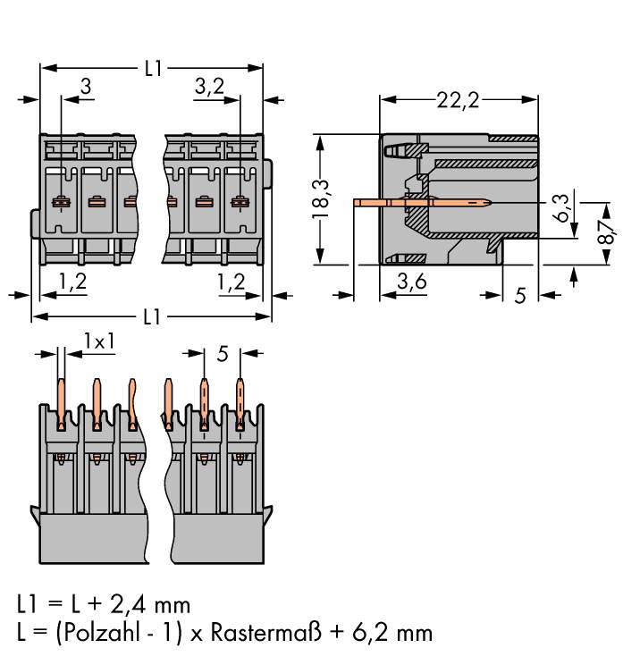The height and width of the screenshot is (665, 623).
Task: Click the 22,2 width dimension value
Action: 458,100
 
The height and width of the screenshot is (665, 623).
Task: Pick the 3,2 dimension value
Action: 208,87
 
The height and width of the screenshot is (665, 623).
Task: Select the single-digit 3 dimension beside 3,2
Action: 86,87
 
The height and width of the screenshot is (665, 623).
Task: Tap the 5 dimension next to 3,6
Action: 520,295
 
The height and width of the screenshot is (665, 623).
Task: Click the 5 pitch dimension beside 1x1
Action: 223,354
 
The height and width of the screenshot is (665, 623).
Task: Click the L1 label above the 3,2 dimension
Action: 153,68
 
